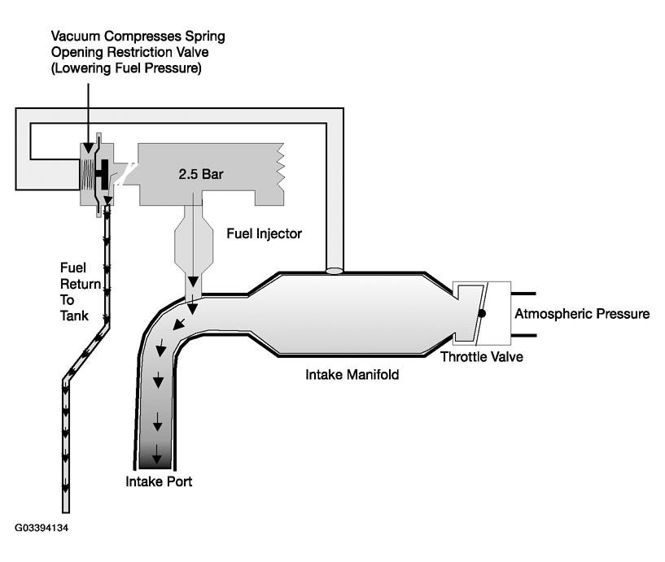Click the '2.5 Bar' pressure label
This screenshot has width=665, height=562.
tap(199, 174)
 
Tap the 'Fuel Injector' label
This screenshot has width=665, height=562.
tap(264, 234)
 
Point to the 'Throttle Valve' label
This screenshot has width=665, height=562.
tap(481, 356)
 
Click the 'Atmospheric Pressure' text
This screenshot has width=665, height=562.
tap(582, 314)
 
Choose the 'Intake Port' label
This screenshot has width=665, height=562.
tap(159, 481)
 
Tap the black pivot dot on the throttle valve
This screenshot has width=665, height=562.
tap(482, 312)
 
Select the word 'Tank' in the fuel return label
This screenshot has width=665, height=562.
tap(74, 316)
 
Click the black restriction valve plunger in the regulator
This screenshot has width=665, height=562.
tap(104, 171)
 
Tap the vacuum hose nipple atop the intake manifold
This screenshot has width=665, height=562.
tap(333, 270)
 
